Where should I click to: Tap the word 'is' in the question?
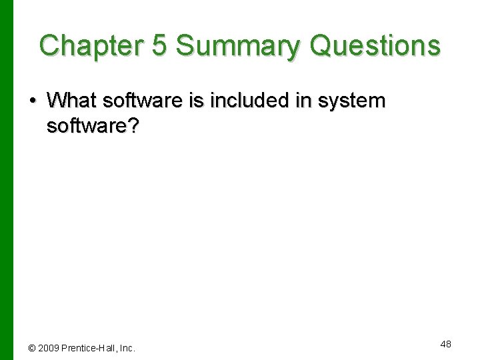coord(189,101)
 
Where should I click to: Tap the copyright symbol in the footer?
coord(32,348)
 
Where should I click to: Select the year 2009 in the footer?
coord(49,348)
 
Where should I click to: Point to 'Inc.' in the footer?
coord(127,348)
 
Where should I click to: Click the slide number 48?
coord(445,344)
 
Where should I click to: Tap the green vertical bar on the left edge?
coord(6,180)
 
